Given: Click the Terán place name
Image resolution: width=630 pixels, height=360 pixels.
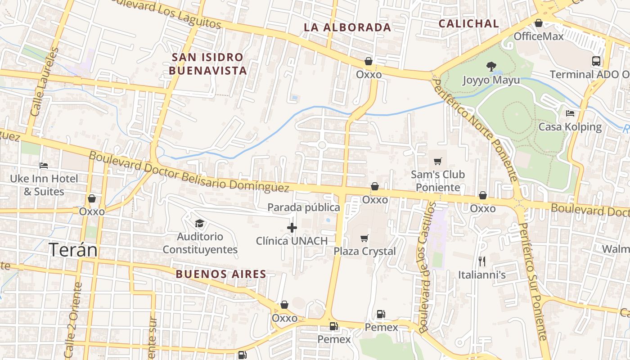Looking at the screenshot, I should (73, 250).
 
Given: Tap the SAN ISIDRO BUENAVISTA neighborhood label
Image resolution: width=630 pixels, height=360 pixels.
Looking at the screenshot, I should (208, 64).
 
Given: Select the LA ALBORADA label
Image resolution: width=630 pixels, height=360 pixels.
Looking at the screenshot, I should (347, 27).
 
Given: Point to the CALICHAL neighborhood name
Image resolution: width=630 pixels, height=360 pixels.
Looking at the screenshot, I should (469, 24).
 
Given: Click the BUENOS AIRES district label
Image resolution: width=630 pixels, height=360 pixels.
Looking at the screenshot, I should (221, 274).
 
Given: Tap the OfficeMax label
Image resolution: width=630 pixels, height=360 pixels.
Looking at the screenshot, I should (539, 36).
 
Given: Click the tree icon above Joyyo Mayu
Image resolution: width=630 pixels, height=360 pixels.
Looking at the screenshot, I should (491, 67).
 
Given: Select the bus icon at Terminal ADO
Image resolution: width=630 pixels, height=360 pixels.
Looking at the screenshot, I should (596, 61).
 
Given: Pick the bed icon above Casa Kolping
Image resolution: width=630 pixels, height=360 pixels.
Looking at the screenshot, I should (570, 113).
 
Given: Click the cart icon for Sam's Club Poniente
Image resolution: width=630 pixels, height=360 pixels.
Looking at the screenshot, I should (437, 161).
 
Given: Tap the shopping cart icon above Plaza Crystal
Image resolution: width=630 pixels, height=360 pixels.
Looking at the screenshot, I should (364, 238).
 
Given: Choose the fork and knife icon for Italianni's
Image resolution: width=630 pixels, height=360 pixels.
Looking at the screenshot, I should (482, 261).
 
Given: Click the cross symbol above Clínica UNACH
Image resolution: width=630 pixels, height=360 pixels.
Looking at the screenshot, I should (292, 228).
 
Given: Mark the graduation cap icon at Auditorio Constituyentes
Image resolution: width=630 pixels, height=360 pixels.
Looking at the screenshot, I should (199, 223).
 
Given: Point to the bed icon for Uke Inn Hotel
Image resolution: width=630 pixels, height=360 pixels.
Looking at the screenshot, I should (44, 166).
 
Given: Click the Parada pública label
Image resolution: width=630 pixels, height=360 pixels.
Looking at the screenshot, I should (304, 207).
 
